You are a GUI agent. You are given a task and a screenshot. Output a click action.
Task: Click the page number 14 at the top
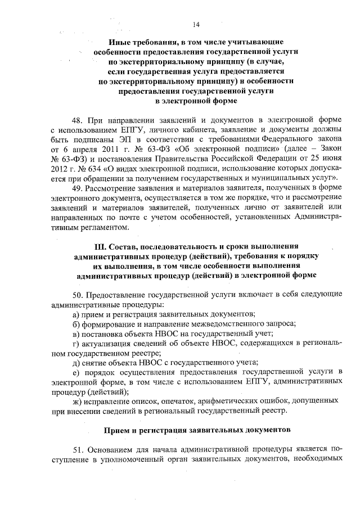195,24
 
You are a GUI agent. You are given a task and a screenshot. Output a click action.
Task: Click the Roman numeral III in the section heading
99,246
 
